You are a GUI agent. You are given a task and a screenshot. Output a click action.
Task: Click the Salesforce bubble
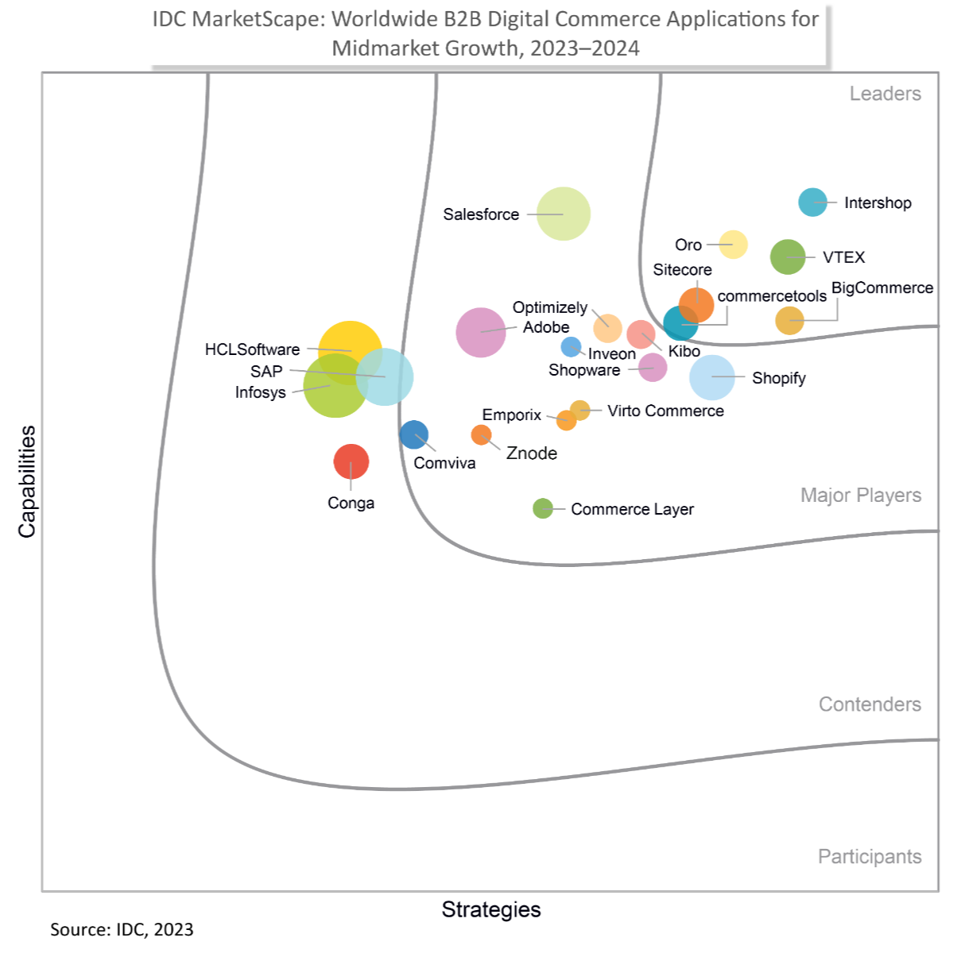564,214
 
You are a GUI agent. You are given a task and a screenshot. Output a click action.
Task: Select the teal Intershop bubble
812,203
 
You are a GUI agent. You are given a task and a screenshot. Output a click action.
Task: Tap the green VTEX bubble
788,257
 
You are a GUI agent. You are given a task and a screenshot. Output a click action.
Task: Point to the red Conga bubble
351,461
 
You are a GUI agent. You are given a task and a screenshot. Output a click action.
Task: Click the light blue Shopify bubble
712,377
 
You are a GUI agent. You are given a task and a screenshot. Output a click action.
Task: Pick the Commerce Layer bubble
543,508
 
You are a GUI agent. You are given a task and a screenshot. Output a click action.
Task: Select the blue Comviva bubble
414,434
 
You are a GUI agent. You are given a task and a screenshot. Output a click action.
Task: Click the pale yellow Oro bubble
733,245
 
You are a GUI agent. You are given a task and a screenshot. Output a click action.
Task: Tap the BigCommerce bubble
789,321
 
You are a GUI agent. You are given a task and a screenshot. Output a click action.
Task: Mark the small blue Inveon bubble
571,346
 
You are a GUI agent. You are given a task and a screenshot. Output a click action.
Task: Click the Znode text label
532,453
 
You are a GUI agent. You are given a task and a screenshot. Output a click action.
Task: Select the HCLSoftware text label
252,349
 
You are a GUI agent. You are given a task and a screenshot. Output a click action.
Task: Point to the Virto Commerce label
665,411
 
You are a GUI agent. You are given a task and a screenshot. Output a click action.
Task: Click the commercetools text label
772,296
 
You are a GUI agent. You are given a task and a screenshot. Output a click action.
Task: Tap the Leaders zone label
885,94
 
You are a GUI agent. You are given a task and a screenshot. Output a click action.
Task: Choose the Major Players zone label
861,496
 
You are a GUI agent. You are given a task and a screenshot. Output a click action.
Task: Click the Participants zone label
870,857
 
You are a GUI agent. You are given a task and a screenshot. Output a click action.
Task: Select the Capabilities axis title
28,481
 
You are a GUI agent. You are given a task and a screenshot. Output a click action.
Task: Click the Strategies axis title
491,910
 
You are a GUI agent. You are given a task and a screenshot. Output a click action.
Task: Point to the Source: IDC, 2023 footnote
122,930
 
